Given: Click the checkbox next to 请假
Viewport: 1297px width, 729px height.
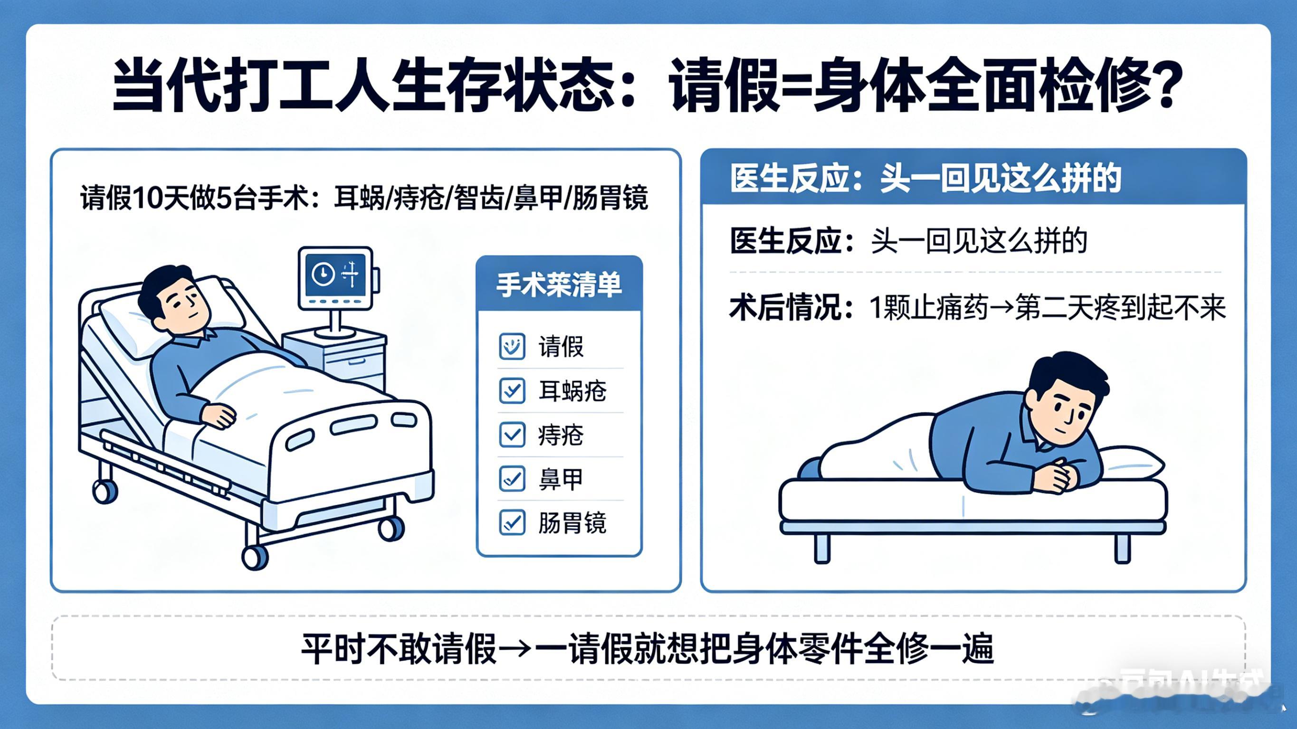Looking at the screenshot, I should coord(512,346).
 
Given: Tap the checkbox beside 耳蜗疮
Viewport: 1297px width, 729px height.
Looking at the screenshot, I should coord(512,391).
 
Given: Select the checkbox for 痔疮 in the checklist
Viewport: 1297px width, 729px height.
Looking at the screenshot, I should coord(512,435).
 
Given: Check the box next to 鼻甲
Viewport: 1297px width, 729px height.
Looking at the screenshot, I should coord(512,478).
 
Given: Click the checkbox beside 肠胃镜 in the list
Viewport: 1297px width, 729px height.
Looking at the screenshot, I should coord(512,522).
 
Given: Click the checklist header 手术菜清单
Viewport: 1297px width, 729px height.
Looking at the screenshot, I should coord(559,285).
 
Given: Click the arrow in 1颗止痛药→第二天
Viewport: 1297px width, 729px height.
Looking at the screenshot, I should coord(1002,308).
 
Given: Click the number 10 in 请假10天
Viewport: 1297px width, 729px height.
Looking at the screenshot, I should coord(147,198).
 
